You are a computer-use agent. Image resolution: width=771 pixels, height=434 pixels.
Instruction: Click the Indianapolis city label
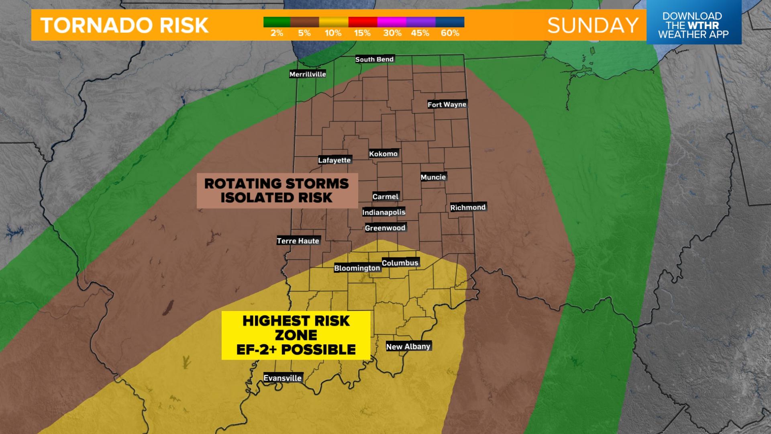[x=383, y=212]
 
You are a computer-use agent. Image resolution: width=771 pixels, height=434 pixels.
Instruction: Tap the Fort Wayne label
[x=447, y=104]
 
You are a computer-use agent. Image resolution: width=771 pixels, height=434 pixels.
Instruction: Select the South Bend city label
[x=374, y=59]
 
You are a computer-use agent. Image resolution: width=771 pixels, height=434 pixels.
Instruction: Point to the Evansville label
[x=282, y=378]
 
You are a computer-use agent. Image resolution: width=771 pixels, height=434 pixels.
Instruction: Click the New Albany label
[x=408, y=346]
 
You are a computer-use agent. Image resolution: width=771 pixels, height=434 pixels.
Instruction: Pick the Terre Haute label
[x=298, y=241]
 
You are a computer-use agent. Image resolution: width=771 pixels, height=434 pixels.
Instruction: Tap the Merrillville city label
[x=308, y=74]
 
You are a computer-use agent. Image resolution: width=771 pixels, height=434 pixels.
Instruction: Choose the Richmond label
[x=468, y=207]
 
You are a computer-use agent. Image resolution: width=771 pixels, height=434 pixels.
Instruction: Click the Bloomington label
[x=357, y=268]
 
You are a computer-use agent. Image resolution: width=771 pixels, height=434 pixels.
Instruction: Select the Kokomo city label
[x=383, y=154]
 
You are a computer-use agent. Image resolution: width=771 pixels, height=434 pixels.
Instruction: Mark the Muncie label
[x=433, y=177]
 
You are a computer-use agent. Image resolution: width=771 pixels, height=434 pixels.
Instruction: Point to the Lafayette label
[x=335, y=160]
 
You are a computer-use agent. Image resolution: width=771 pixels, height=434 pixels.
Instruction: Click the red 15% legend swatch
[x=363, y=22]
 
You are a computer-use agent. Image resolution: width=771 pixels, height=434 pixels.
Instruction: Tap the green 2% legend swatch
[x=277, y=22]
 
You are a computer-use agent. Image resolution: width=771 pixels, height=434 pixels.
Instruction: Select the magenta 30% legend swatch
[x=392, y=22]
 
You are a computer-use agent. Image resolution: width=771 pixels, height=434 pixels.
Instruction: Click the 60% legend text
[x=450, y=33]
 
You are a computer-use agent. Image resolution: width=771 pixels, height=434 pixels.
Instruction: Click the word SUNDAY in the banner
[x=593, y=26]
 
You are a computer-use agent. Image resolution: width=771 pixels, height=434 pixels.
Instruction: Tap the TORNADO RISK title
[x=124, y=26]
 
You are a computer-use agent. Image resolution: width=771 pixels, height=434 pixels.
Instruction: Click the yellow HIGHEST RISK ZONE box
[x=296, y=335]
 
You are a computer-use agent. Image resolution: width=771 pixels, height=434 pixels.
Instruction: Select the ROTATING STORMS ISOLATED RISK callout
[x=277, y=190]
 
